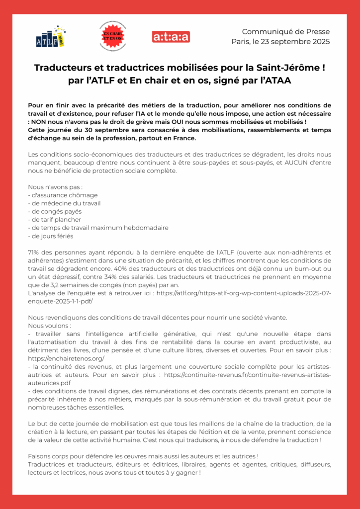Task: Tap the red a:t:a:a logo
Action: [x=171, y=37]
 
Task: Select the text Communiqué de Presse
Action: [x=285, y=32]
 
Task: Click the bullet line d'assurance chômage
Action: [x=63, y=195]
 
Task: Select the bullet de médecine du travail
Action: [x=65, y=203]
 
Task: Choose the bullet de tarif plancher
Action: [x=55, y=220]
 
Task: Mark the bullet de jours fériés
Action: [x=51, y=236]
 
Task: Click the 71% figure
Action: [x=34, y=253]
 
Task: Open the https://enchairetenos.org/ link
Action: [x=66, y=358]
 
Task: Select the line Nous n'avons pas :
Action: [x=55, y=187]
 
